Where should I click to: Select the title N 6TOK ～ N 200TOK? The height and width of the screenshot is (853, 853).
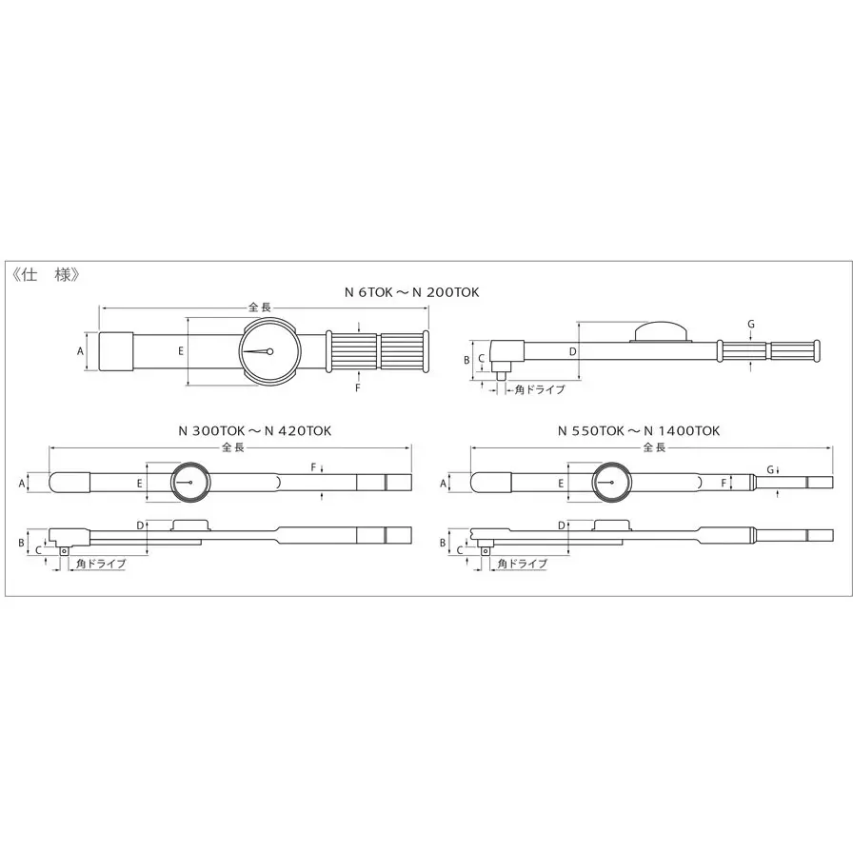click(411, 292)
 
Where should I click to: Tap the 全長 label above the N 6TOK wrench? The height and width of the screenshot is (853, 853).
click(261, 307)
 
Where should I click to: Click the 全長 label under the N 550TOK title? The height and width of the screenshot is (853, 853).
click(654, 446)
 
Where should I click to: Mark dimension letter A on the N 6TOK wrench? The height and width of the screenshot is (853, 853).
click(81, 351)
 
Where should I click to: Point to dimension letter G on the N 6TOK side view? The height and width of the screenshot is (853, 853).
click(751, 324)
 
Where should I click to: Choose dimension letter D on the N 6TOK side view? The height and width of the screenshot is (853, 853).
click(572, 351)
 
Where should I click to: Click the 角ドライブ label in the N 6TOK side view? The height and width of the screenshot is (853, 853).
click(539, 389)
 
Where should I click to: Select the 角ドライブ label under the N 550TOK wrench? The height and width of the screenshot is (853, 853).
click(522, 564)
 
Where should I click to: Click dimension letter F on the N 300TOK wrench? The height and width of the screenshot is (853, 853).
click(312, 466)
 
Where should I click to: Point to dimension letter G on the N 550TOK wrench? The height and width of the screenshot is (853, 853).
click(769, 468)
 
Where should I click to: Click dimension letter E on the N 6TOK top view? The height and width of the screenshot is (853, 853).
click(181, 351)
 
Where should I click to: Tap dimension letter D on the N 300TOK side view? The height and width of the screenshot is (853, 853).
click(140, 526)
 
